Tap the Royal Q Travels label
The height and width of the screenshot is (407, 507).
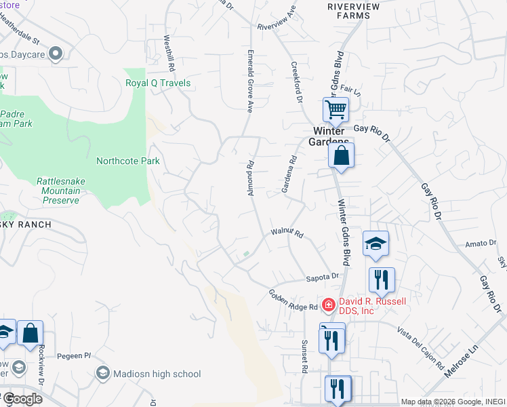[x=158, y=83]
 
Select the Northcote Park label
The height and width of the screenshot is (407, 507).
[x=128, y=161]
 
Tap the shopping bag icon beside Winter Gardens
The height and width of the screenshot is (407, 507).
[x=342, y=155]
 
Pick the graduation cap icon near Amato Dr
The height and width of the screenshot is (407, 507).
[x=376, y=243]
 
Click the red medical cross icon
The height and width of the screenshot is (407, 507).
[x=328, y=306]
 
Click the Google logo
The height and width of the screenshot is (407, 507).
[x=22, y=399]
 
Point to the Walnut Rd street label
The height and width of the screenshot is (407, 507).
[x=287, y=233]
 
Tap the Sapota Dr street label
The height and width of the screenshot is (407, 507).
[x=323, y=277]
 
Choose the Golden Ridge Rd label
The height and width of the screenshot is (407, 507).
[x=293, y=298]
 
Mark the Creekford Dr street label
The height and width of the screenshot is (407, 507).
[x=296, y=83]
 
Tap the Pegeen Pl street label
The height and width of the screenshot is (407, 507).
[x=74, y=355]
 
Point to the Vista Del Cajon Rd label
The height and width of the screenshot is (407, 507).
[x=420, y=342]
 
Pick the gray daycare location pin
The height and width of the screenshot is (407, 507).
[x=56, y=53]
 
